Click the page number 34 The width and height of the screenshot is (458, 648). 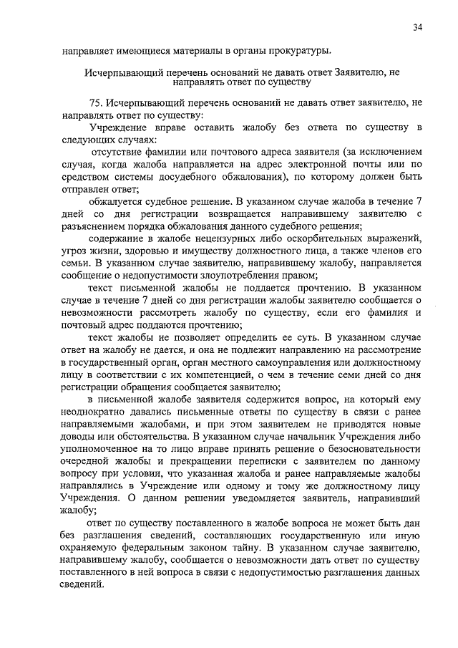tap(416, 27)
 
